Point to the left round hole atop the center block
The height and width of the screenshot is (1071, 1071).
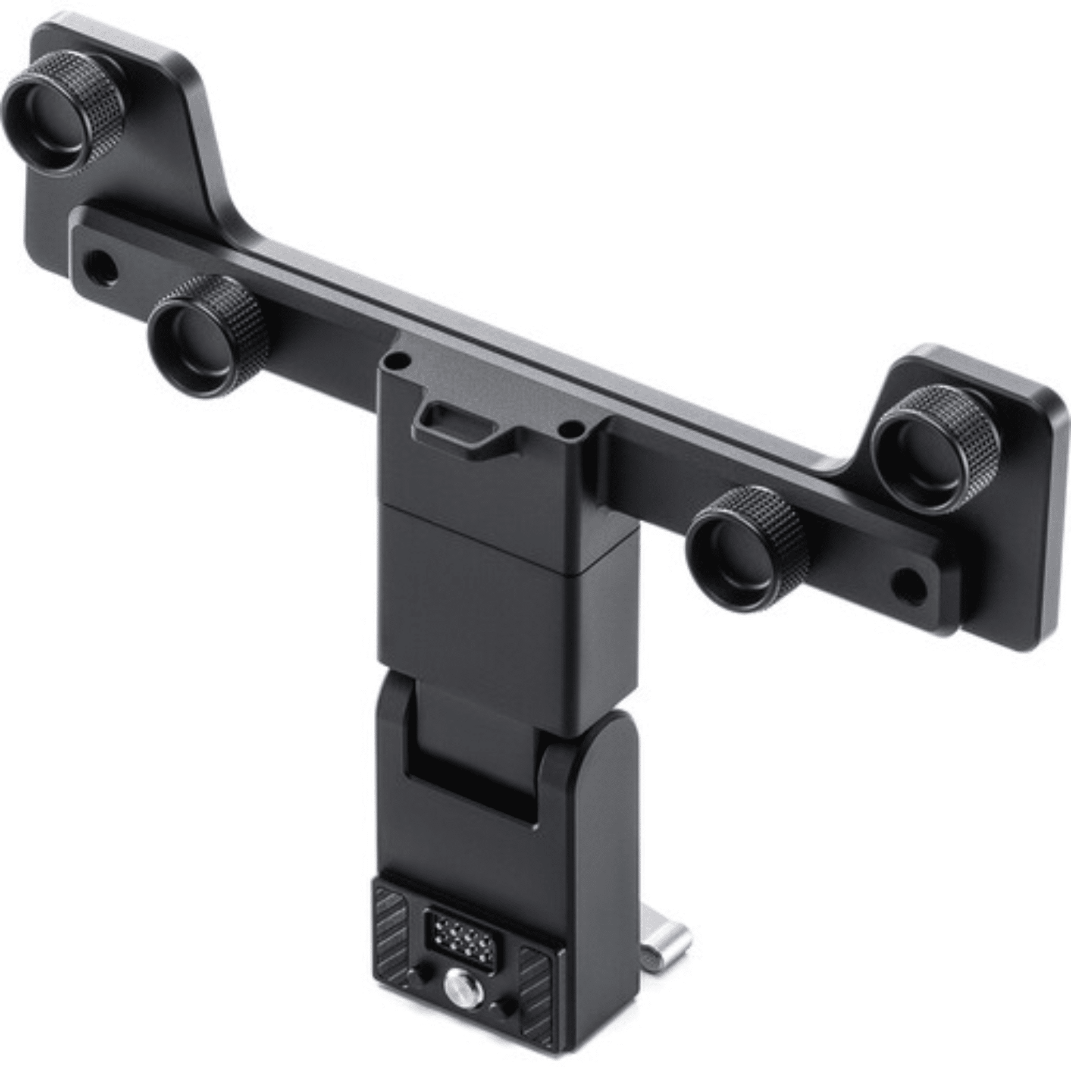393,361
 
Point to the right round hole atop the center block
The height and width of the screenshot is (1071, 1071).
573,427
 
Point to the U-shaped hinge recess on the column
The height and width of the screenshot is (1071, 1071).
470,744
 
